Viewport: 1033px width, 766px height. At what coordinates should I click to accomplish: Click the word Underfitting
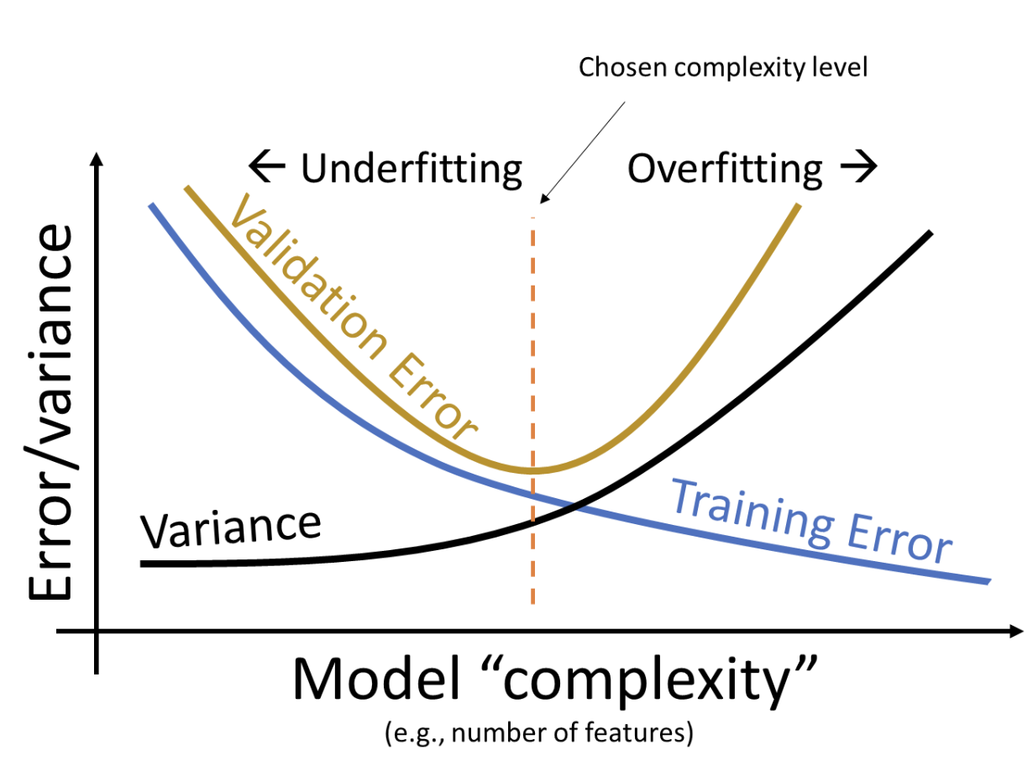tap(412, 170)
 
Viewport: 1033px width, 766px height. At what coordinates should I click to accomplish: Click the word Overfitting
tap(725, 170)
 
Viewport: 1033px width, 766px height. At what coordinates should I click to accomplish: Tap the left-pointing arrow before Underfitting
tap(268, 169)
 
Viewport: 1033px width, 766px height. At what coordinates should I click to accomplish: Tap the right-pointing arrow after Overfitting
tap(858, 169)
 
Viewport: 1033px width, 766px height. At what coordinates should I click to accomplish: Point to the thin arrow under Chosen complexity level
tap(584, 152)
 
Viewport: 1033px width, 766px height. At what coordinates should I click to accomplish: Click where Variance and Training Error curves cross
tap(574, 506)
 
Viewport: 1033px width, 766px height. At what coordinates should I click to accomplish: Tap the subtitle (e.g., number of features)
tap(539, 733)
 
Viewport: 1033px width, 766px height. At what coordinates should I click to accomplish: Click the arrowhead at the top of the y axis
tap(99, 162)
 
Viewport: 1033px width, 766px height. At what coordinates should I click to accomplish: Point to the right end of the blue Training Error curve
tap(988, 581)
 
